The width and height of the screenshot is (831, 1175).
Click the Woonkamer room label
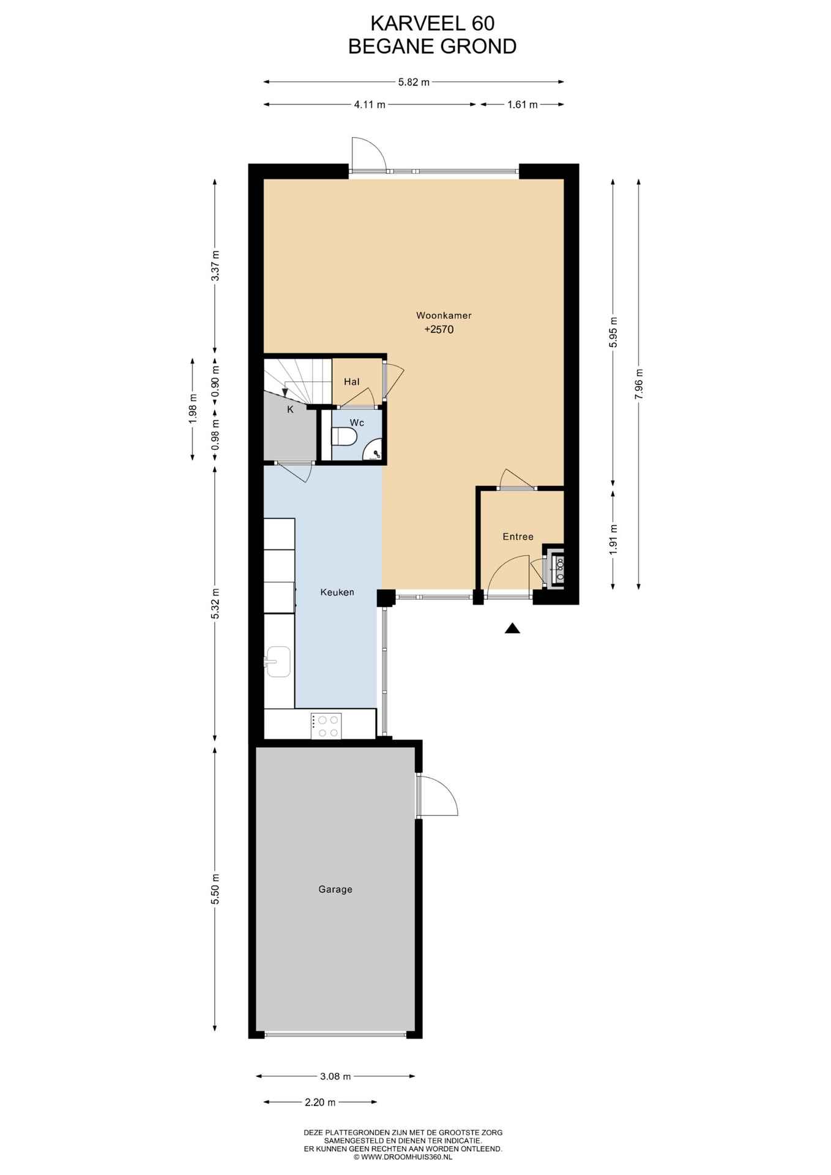click(444, 316)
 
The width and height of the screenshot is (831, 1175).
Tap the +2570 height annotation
click(439, 329)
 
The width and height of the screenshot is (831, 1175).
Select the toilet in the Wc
click(344, 437)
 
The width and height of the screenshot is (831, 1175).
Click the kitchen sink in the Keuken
click(278, 662)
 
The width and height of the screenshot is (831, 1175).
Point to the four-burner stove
click(326, 726)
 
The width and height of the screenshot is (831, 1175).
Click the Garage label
click(335, 889)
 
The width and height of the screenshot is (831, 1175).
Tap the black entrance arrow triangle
click(512, 628)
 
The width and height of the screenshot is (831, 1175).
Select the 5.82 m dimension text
click(414, 82)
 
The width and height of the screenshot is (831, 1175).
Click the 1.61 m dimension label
click(523, 105)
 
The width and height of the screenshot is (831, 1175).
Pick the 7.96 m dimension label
click(639, 384)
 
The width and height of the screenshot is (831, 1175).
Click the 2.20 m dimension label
click(320, 1102)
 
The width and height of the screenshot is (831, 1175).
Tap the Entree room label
click(518, 537)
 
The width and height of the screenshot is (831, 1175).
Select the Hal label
click(351, 382)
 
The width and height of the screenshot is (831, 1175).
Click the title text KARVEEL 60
click(433, 23)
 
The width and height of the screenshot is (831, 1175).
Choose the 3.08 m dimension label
click(335, 1076)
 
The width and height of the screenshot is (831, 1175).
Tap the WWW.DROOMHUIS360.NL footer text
click(403, 1157)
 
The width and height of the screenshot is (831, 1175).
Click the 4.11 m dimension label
click(370, 105)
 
